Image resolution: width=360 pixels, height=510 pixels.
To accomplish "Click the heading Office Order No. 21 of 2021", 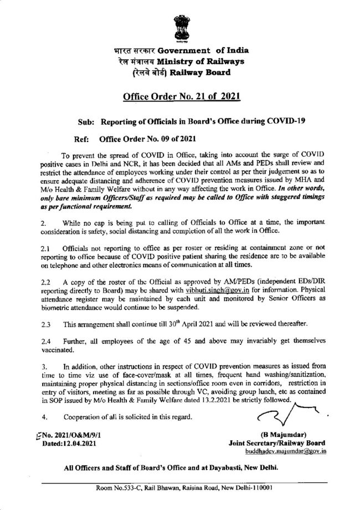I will (180, 99).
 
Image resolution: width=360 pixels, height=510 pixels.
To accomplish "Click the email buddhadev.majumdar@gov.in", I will (290, 452).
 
